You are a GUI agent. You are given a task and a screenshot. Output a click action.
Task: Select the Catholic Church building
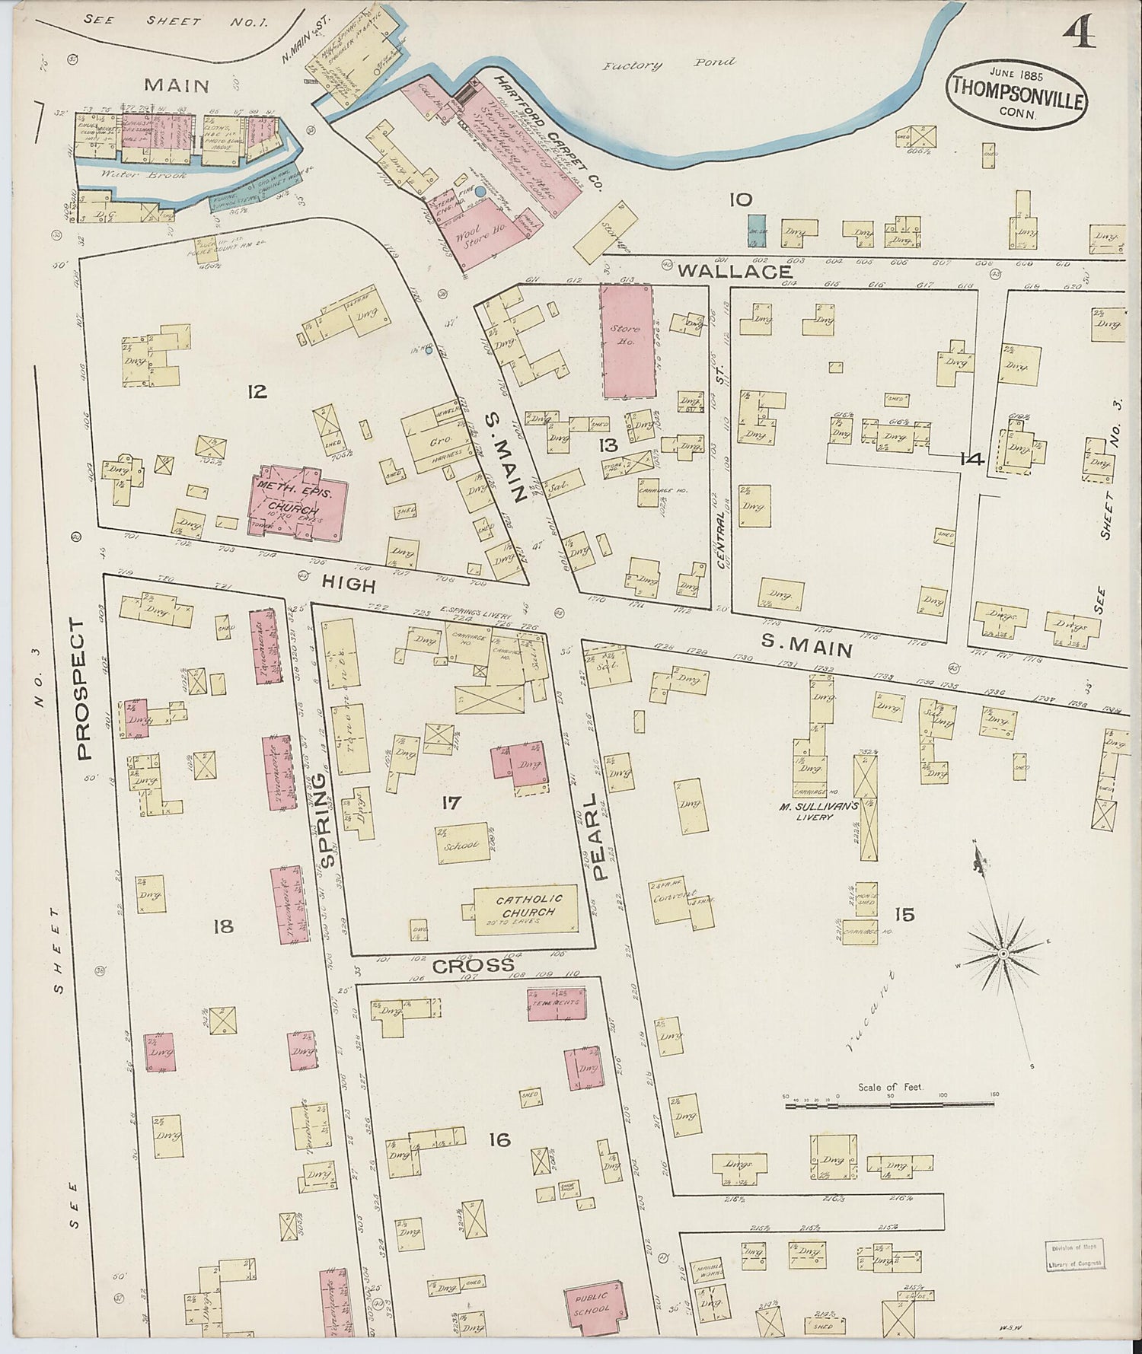[526, 909]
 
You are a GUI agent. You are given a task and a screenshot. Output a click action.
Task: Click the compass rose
[1003, 953]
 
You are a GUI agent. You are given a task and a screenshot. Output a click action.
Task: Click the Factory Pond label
[668, 64]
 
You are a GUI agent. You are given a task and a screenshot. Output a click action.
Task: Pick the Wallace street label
[733, 271]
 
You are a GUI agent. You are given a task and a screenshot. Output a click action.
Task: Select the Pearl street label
[600, 836]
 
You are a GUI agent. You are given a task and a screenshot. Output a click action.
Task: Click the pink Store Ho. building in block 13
[627, 341]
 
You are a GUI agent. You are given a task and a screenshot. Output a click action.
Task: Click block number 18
[223, 926]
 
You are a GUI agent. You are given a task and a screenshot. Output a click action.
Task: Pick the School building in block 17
[462, 843]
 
